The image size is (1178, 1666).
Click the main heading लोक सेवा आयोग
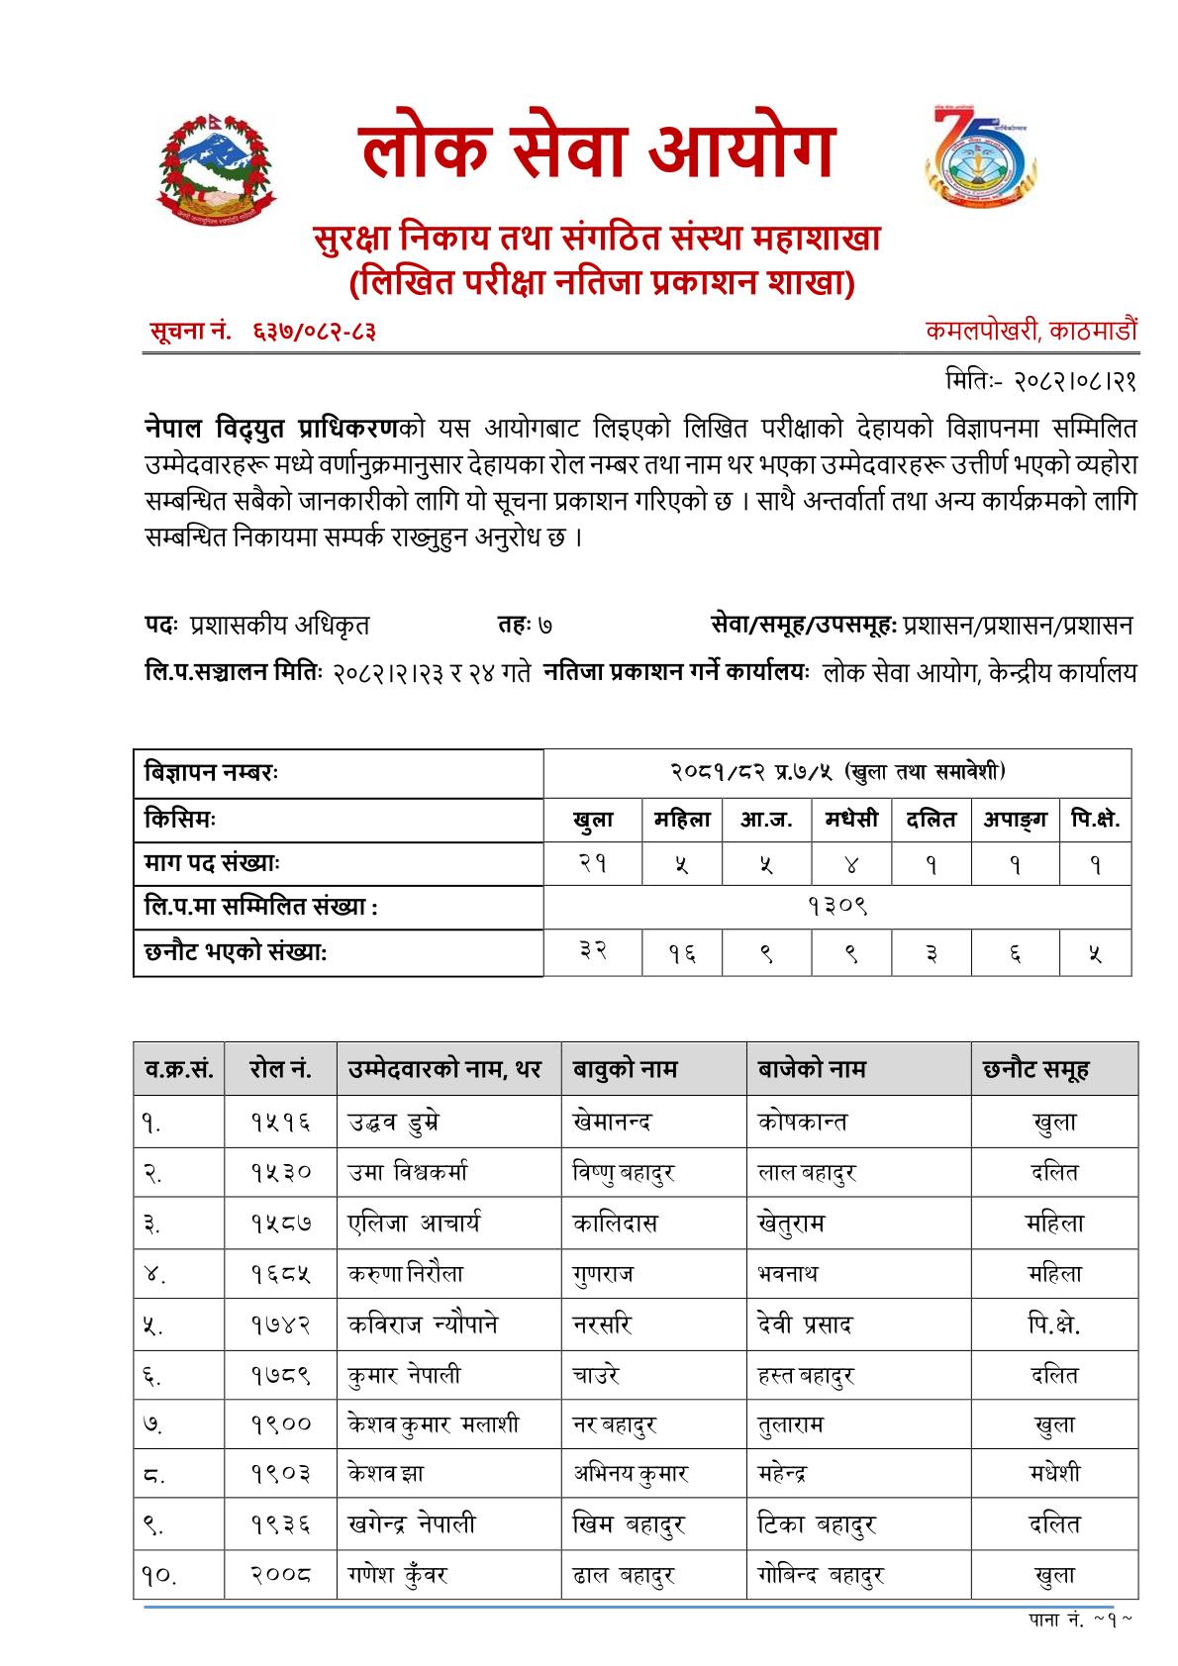(597, 152)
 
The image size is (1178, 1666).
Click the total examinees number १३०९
(836, 907)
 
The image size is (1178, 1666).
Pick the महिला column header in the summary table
(682, 820)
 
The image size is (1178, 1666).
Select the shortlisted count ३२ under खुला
(593, 953)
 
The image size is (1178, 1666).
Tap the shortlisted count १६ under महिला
(682, 953)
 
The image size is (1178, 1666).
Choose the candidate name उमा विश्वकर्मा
(407, 1173)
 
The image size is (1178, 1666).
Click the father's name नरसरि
(602, 1324)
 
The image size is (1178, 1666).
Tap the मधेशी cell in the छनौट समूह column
(1054, 1474)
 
